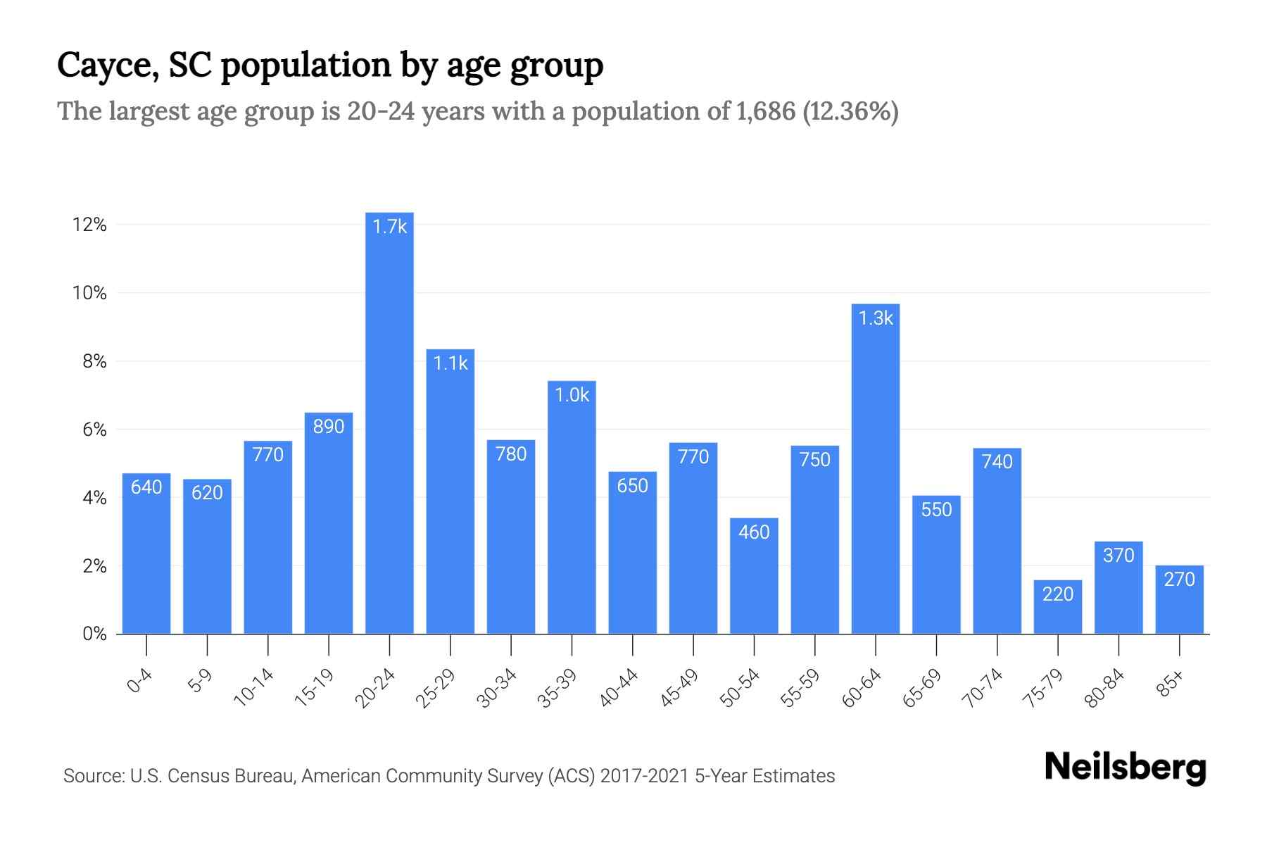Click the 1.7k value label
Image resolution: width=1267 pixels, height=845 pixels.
(389, 227)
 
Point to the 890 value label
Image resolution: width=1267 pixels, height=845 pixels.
(329, 427)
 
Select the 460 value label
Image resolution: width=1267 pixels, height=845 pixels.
(754, 532)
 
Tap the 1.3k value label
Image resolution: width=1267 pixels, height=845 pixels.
(875, 319)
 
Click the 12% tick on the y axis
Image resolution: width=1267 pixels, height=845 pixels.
(89, 225)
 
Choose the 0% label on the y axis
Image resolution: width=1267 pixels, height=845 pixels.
(94, 634)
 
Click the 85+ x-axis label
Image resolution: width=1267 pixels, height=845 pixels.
(1171, 684)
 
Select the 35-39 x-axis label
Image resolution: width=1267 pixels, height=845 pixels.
(557, 688)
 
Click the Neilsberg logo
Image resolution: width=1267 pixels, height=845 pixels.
(1125, 768)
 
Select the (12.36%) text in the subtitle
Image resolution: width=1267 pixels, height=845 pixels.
(850, 111)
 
